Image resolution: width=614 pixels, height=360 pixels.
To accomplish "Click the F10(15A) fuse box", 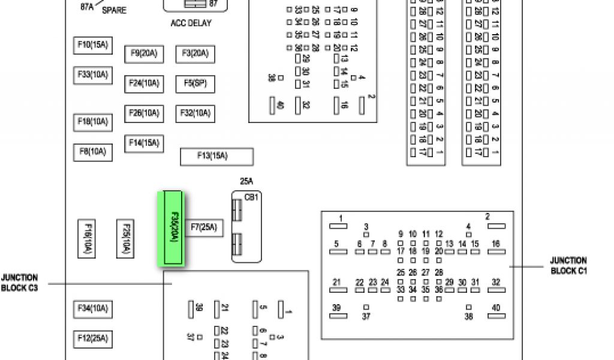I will click(93, 45).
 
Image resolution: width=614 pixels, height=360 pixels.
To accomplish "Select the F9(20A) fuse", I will click(144, 54).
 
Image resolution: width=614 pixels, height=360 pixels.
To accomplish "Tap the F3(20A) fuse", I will click(195, 54).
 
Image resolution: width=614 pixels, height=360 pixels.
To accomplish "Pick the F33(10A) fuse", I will click(93, 75).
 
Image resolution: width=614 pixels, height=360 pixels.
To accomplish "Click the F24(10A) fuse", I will click(144, 83).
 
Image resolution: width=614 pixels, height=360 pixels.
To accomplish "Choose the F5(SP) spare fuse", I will click(195, 83).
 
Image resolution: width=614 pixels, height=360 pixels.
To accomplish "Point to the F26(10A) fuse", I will click(144, 113).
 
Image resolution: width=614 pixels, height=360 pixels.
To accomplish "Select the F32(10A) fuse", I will click(195, 113).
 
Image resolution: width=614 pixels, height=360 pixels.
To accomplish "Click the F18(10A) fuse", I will click(93, 122).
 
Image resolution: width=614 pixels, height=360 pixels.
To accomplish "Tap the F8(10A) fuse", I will click(93, 152).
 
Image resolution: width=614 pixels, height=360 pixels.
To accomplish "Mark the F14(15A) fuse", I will click(144, 143).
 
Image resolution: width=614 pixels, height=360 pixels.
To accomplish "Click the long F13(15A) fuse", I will click(216, 157).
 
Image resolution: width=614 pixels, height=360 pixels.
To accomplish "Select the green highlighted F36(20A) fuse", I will click(173, 229).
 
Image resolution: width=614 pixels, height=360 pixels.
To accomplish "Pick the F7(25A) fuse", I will click(203, 227).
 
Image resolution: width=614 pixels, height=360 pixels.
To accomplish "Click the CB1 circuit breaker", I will click(246, 227).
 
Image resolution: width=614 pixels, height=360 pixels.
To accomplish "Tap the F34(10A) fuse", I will click(93, 310).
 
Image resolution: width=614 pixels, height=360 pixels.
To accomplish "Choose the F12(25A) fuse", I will click(93, 339).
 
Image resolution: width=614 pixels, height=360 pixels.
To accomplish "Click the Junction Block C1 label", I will click(568, 266).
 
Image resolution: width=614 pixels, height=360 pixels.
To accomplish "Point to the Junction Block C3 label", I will click(19, 283).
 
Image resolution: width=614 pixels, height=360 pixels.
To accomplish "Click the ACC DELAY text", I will click(191, 23).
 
